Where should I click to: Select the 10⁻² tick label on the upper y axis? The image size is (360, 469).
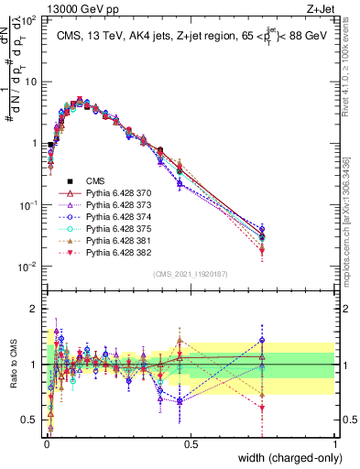[27, 267]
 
